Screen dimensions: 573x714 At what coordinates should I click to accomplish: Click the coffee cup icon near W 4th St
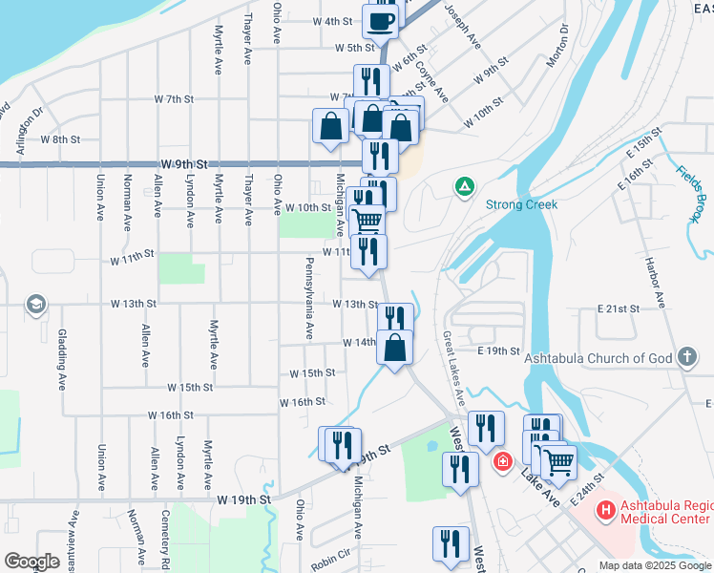pos(381,22)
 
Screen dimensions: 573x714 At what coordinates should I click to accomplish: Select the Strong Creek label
pos(521,204)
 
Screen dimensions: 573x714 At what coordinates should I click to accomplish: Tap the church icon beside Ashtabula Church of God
pos(686,359)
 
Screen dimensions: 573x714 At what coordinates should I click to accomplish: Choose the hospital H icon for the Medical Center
pos(604,511)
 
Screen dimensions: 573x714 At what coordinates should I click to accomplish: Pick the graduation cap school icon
pos(35,305)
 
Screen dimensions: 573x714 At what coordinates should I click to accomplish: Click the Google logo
pos(32,562)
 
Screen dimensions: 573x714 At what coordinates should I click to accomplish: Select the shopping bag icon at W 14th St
pos(395,348)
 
